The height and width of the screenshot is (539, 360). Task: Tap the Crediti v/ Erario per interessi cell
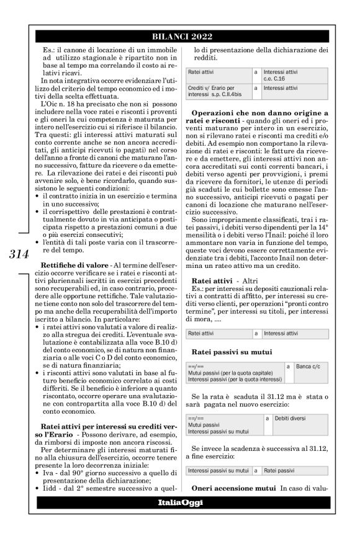pyautogui.click(x=218, y=91)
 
